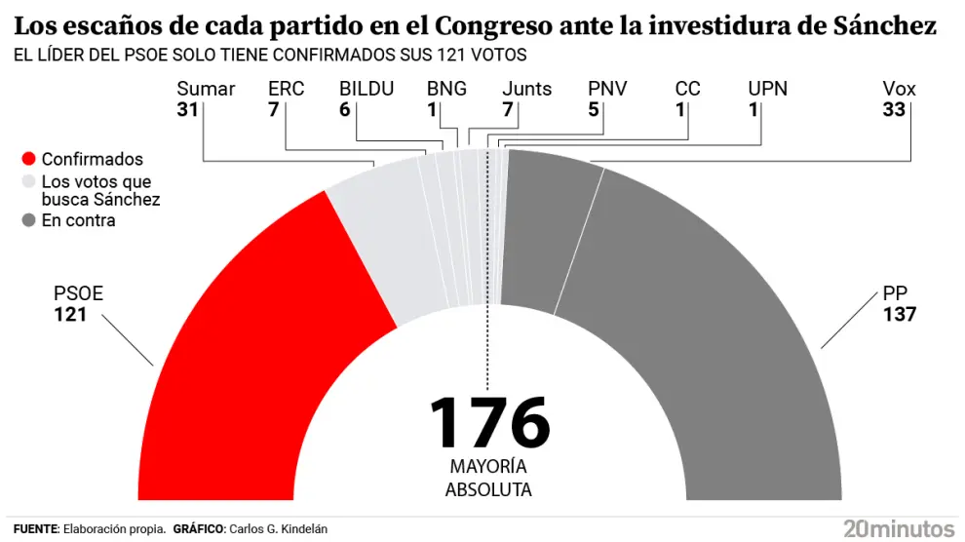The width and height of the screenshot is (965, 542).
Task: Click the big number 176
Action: pyautogui.click(x=489, y=422)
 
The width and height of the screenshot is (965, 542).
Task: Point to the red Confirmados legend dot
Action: pyautogui.click(x=28, y=159)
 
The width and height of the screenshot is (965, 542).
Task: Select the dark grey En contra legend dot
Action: pyautogui.click(x=28, y=220)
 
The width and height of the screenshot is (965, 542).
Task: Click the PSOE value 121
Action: pyautogui.click(x=70, y=315)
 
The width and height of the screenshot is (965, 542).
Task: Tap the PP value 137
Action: pyautogui.click(x=899, y=315)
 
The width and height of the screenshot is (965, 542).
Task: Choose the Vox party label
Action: pyautogui.click(x=899, y=89)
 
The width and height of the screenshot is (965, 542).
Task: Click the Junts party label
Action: pyautogui.click(x=526, y=89)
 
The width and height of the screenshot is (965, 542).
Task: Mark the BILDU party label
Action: pyautogui.click(x=367, y=89)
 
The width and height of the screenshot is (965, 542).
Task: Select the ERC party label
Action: pyautogui.click(x=286, y=89)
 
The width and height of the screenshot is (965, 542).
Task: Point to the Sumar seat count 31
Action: pyautogui.click(x=188, y=110)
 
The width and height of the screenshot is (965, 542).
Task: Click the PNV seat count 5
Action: pyautogui.click(x=594, y=110)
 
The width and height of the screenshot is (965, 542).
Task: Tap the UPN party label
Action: pyautogui.click(x=767, y=89)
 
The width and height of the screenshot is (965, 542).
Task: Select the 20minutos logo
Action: pyautogui.click(x=899, y=528)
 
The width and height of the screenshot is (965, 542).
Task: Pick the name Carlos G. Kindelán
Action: pyautogui.click(x=278, y=528)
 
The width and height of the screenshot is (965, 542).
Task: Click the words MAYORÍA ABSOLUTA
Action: pyautogui.click(x=488, y=478)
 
